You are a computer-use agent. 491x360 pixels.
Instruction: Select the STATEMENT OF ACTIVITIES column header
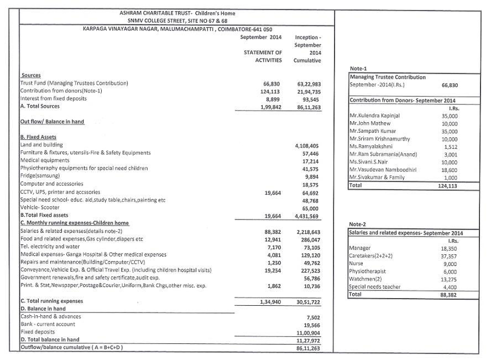263,56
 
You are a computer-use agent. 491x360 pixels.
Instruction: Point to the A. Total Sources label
40,106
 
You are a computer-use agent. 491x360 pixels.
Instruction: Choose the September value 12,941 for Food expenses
270,239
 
